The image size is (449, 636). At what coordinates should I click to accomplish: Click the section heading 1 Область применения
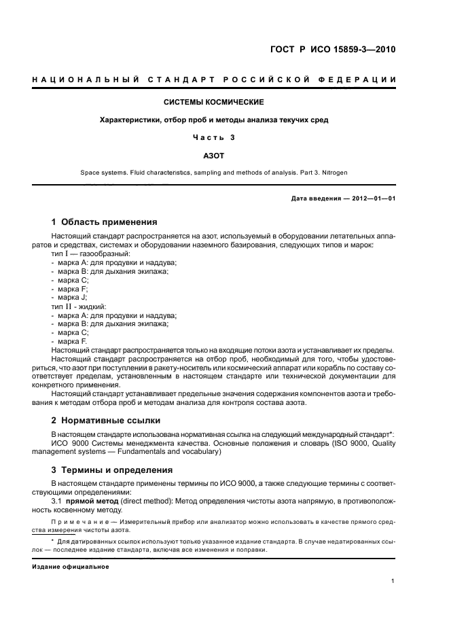click(x=105, y=222)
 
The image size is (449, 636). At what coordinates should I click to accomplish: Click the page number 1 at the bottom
click(x=393, y=581)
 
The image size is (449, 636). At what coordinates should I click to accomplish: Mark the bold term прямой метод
click(x=93, y=501)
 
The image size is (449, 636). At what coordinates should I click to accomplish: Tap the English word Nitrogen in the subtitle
click(x=332, y=173)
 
